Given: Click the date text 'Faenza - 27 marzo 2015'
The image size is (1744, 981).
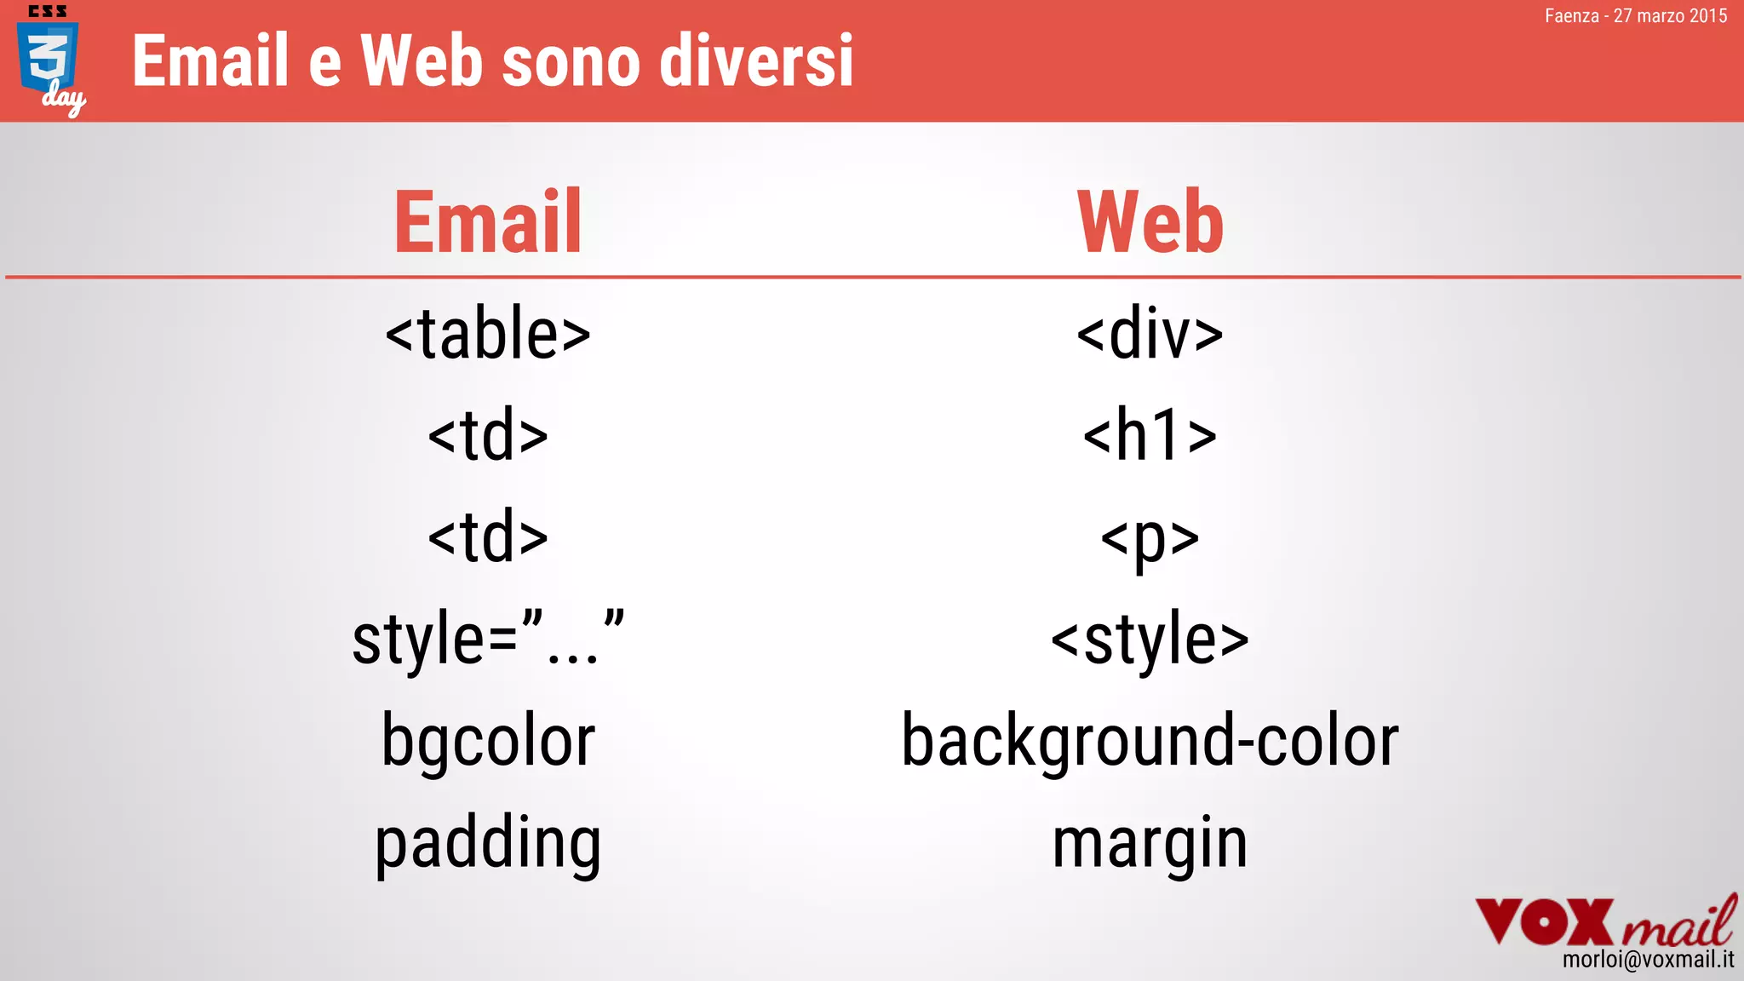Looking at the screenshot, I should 1635,16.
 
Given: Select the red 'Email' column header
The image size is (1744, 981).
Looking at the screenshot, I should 488,222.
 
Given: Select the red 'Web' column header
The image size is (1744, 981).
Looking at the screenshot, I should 1150,222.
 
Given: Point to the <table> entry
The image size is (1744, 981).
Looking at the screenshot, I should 488,334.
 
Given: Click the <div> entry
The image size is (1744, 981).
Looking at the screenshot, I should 1150,334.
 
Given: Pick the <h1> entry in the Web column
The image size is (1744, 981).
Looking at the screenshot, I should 1150,435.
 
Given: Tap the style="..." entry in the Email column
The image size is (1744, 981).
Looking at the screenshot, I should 488,639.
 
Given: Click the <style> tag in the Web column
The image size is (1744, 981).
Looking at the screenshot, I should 1150,639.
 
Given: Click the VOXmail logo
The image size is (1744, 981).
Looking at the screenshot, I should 1604,921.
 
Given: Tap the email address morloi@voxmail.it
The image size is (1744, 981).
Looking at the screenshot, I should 1648,960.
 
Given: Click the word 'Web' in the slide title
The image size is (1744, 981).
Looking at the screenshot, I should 422,61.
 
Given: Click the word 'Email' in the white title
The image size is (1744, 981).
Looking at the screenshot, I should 211,61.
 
